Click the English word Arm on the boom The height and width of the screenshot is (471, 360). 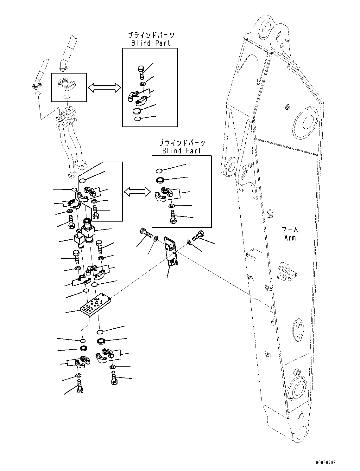tap(290, 237)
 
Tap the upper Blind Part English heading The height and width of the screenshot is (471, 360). tap(151, 43)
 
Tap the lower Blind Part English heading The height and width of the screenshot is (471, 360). tap(181, 151)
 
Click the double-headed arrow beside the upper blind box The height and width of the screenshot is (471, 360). tap(104, 88)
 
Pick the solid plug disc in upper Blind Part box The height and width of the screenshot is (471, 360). tap(137, 111)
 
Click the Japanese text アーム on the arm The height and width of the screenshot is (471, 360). tap(290, 230)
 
